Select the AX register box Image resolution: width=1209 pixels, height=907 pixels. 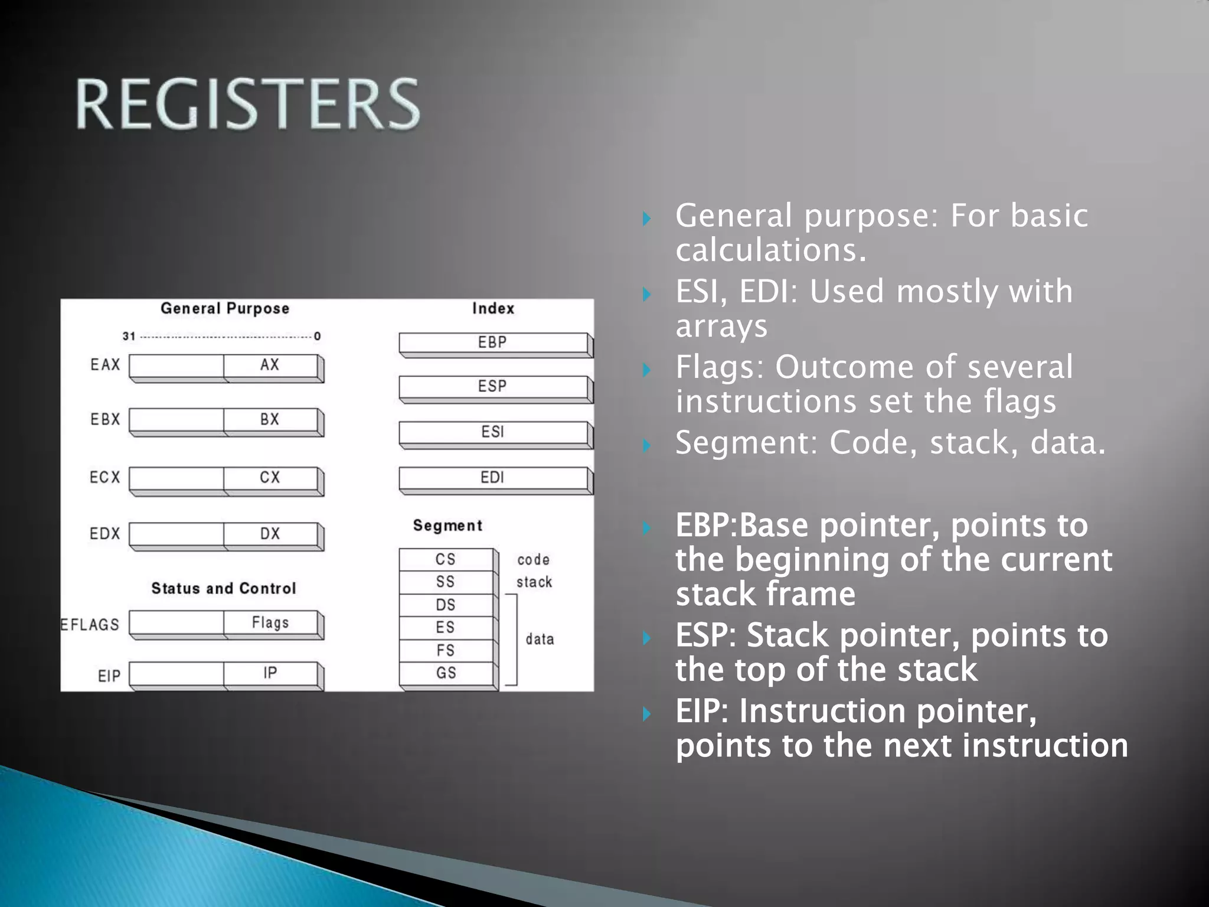270,366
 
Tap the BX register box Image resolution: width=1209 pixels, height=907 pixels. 270,420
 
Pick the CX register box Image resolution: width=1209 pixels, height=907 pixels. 270,478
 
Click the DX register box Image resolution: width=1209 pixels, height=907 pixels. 270,534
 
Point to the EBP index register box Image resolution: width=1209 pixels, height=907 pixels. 493,343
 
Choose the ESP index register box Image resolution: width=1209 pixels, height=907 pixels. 493,387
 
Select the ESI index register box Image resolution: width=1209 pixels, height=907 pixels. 493,432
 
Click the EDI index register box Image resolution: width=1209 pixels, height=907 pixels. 493,478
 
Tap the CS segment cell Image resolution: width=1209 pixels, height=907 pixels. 446,559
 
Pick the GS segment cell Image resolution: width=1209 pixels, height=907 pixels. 446,673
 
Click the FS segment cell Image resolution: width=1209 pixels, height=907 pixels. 446,651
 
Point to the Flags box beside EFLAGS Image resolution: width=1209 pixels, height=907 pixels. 270,623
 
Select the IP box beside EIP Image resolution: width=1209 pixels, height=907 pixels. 270,674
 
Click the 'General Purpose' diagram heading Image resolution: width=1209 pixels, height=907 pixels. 225,309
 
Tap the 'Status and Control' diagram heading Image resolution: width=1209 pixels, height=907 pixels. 224,589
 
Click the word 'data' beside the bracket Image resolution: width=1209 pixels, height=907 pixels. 540,640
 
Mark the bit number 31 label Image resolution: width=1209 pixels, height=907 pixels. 129,337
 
